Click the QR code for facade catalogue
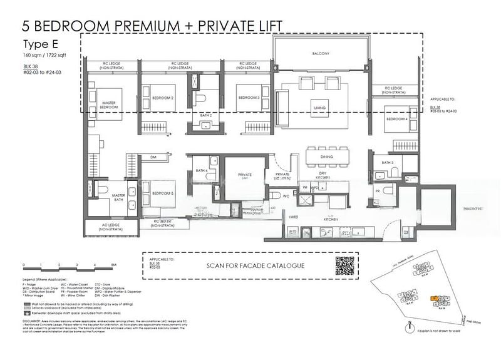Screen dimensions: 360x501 345,265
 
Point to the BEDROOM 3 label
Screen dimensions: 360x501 248,98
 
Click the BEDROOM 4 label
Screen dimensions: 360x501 397,119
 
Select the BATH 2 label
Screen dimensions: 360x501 206,116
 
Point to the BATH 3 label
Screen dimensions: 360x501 387,163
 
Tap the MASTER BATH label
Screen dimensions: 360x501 118,196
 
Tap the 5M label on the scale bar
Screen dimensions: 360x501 113,265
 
